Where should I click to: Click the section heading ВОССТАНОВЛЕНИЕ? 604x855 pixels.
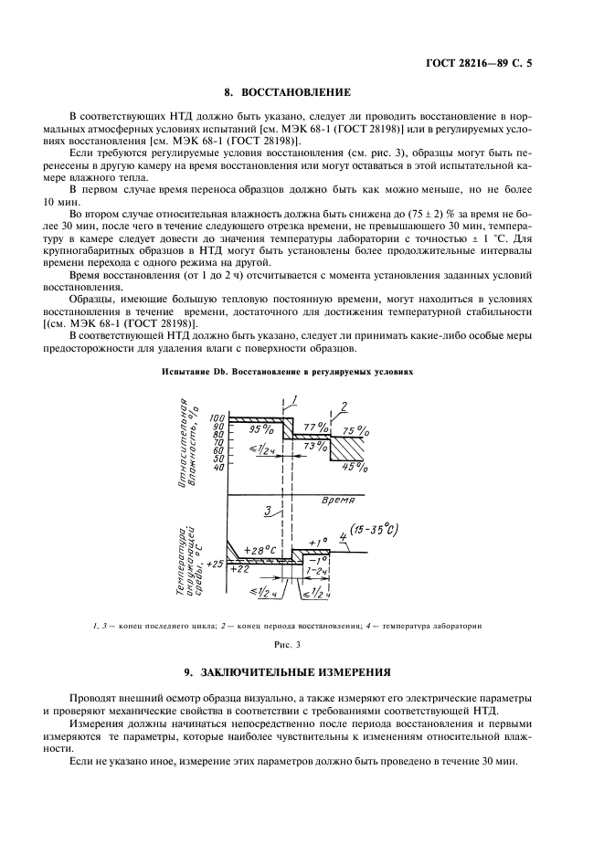(x=288, y=92)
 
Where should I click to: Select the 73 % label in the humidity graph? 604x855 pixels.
(x=313, y=445)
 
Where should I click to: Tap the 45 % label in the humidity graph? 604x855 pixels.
(x=354, y=469)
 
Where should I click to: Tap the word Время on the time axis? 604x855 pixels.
(x=339, y=501)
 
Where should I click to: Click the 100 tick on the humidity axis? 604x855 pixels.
(x=217, y=417)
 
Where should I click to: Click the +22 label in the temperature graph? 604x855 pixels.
(x=239, y=569)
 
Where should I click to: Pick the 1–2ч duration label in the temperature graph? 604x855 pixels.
(x=319, y=570)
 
